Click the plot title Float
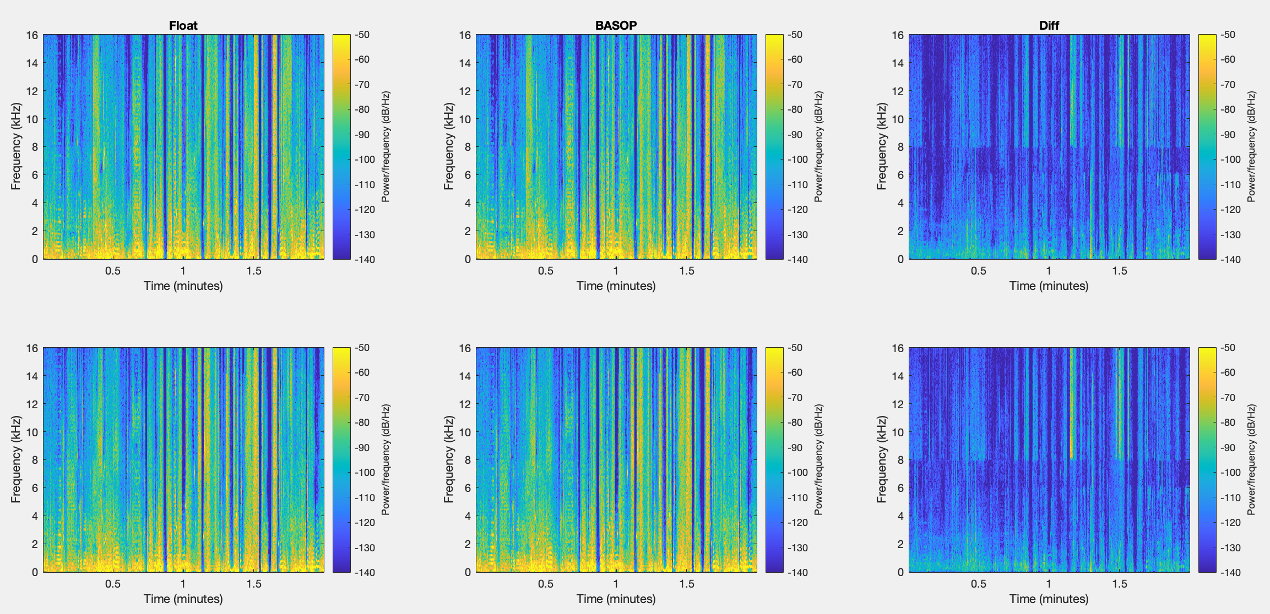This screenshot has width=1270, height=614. [x=183, y=25]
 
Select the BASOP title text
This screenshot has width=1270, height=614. [x=616, y=25]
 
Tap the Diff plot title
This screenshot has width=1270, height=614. [x=1049, y=25]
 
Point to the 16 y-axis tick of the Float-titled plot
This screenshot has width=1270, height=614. [x=32, y=35]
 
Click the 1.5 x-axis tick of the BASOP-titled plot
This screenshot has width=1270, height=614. [x=686, y=271]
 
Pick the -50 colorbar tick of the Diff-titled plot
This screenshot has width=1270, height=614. [x=1228, y=35]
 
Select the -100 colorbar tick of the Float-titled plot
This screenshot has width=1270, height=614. [x=365, y=160]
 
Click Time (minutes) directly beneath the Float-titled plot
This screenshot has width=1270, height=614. [x=183, y=286]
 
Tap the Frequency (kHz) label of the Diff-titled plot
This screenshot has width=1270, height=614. [x=882, y=146]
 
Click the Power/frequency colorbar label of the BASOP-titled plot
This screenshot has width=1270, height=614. [x=818, y=146]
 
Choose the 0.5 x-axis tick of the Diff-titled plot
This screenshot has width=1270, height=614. [x=978, y=271]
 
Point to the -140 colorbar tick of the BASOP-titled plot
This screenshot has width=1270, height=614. [x=797, y=260]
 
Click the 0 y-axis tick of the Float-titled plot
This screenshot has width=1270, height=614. [x=35, y=259]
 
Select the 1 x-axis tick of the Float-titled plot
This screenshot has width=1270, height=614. [x=183, y=271]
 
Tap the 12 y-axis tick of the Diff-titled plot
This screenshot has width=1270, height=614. [x=898, y=91]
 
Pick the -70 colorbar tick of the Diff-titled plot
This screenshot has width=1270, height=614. [x=1228, y=85]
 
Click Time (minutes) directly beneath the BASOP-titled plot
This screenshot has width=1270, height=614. [x=616, y=286]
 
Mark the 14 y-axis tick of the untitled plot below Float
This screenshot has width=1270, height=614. [x=32, y=376]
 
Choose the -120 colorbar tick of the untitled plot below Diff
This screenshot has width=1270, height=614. [x=1230, y=523]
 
